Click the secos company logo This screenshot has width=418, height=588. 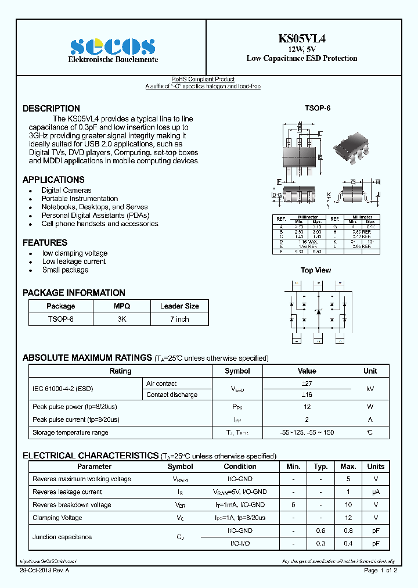point(112,46)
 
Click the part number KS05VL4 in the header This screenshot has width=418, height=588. point(301,39)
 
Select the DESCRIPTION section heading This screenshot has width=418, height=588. point(51,109)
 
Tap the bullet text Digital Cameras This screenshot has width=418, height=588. point(66,191)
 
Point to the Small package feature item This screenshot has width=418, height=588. point(65,270)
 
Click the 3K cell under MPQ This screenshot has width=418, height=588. point(122,319)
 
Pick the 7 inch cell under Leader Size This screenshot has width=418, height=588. point(179,319)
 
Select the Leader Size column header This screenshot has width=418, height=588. point(179,306)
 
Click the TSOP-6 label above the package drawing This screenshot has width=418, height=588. point(317,109)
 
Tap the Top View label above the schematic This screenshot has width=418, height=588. point(315,270)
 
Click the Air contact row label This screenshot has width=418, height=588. point(161,384)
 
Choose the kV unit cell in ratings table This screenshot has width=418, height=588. point(370,389)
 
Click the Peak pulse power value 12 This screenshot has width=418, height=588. point(307,407)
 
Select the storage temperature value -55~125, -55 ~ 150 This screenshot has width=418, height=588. point(307,433)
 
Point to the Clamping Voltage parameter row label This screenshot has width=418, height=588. point(57,518)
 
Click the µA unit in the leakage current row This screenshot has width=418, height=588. point(376,492)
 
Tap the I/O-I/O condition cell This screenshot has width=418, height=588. point(241,543)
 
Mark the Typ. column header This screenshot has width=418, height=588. point(321,467)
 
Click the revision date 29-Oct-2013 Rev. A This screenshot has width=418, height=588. point(46,571)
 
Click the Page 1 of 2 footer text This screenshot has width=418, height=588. point(380,571)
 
